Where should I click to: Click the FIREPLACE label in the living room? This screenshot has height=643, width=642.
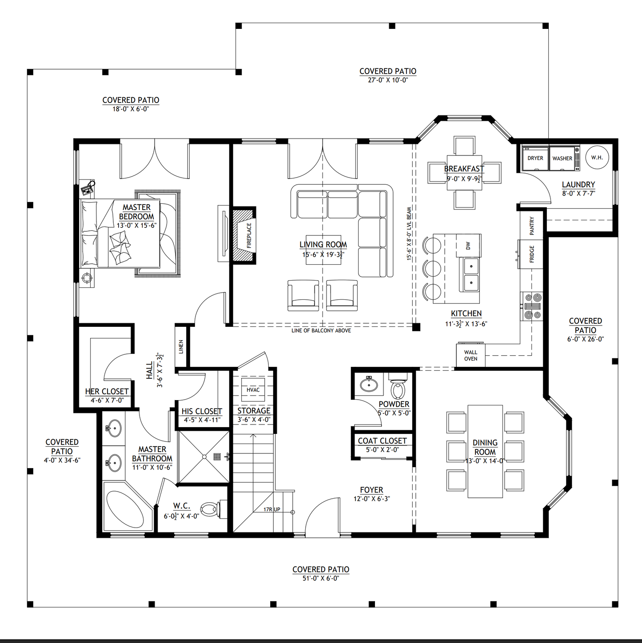pos(249,235)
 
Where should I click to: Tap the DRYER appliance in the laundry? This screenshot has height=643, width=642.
pos(535,158)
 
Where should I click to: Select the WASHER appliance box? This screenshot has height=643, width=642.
pos(562,158)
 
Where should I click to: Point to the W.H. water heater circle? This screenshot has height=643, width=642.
pos(597,158)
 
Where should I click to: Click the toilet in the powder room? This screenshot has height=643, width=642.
pos(398,388)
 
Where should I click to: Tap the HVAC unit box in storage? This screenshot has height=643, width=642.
pos(253,390)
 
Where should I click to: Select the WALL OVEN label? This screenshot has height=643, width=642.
pos(471,355)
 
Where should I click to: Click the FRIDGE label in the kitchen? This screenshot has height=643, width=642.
pos(532,254)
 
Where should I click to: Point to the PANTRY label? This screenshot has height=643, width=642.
pos(532,226)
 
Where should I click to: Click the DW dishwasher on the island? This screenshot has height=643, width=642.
pos(468,246)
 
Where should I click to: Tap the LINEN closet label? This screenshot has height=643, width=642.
pos(181,346)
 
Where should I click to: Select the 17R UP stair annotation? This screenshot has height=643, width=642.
pos(271,509)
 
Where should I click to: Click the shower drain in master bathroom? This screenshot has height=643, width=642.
pos(204,456)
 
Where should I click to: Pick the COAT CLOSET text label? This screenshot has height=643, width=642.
pos(382,441)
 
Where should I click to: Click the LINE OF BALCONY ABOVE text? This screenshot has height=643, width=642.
pos(321,330)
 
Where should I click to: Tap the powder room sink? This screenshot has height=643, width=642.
pos(368,384)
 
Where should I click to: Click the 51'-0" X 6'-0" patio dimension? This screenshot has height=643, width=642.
pos(321,578)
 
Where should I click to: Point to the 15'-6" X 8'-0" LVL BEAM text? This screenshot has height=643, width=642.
pos(409,234)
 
